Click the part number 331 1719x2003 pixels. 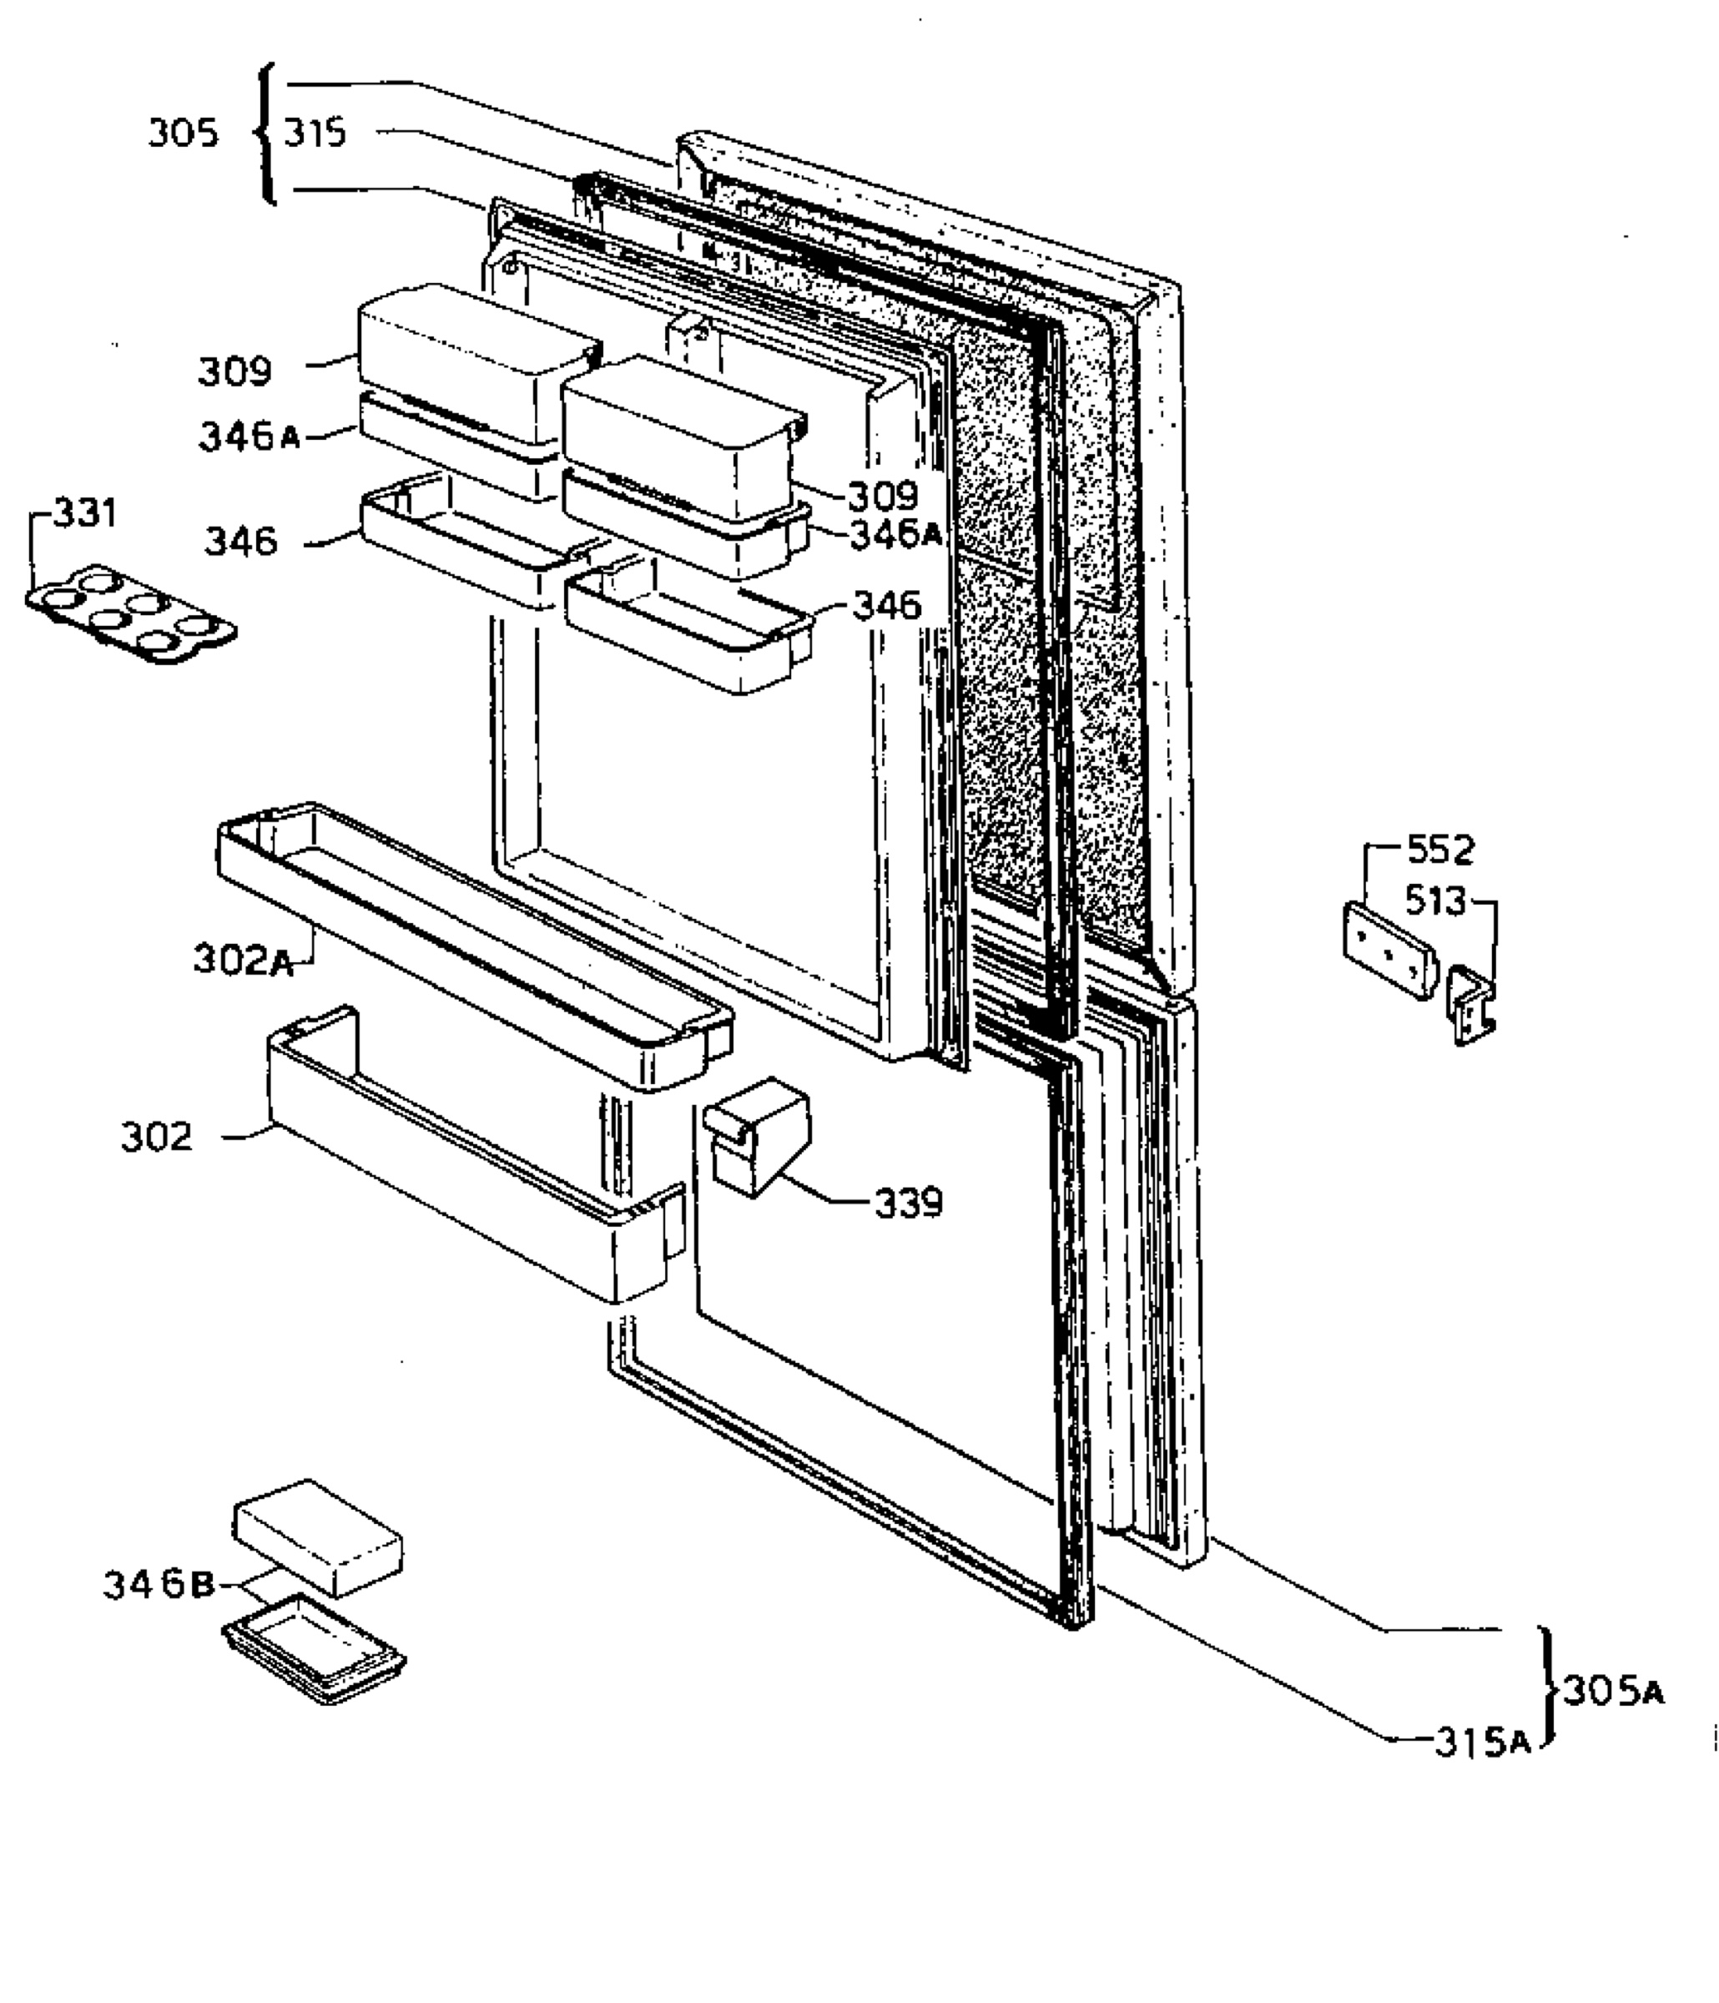click(x=84, y=513)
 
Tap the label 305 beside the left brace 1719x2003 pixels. click(x=183, y=134)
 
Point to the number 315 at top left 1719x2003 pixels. click(x=315, y=133)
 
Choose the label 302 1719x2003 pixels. click(x=157, y=1137)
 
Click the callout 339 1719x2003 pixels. click(x=908, y=1203)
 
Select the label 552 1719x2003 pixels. click(x=1440, y=850)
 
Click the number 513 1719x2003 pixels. click(x=1436, y=902)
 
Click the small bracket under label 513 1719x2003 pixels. click(x=1470, y=1007)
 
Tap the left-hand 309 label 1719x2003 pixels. click(x=235, y=371)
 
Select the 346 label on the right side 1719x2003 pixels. click(x=886, y=606)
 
